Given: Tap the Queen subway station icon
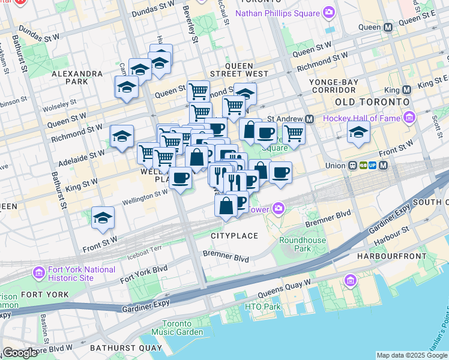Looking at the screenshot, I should pos(388,27).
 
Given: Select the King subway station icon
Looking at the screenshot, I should pos(406,90).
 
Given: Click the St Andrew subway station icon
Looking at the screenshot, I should pos(309,119).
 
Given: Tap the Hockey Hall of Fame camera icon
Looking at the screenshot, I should pos(410,117).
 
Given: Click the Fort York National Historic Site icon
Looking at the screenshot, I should pos(39,274).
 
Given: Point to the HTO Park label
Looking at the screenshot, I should pos(263,307).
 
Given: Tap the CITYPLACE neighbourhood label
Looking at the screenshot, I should pos(234,236).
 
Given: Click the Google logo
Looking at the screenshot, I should pos(19,353).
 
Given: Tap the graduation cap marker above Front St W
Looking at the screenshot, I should pos(103,218).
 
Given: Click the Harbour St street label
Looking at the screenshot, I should pos(394,230).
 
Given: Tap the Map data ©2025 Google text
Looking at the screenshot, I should pos(411,355).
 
